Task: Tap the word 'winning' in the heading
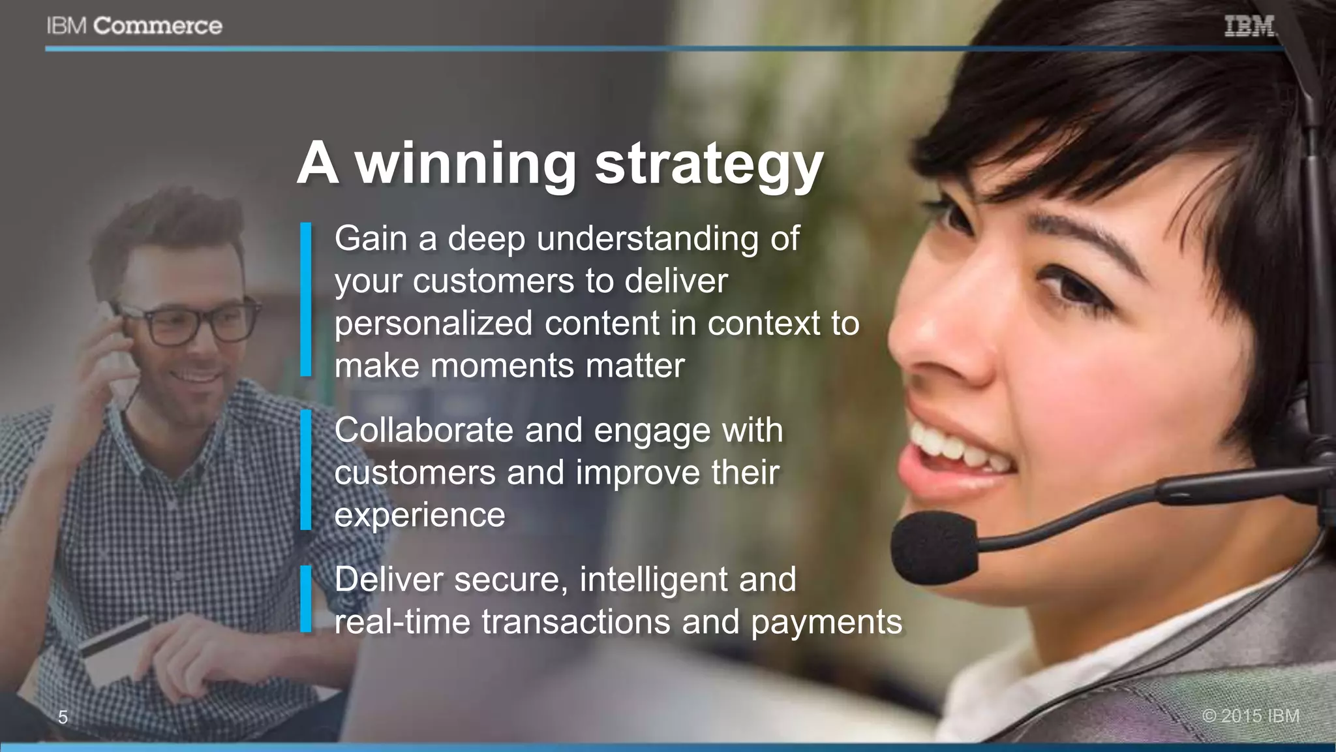(x=465, y=164)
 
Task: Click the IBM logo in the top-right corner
(x=1249, y=27)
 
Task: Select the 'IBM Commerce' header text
(x=134, y=26)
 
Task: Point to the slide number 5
(x=63, y=717)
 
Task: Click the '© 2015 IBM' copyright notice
(x=1251, y=715)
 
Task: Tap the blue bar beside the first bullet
(x=306, y=300)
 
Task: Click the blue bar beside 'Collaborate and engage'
(x=306, y=469)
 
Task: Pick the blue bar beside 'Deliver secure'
(x=306, y=599)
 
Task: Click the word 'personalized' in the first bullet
(x=433, y=324)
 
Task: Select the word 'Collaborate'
(x=423, y=431)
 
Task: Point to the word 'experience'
(x=419, y=515)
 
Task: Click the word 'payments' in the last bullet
(x=827, y=622)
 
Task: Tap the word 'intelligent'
(x=653, y=580)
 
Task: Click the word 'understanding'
(x=647, y=239)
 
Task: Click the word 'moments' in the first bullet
(x=502, y=366)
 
